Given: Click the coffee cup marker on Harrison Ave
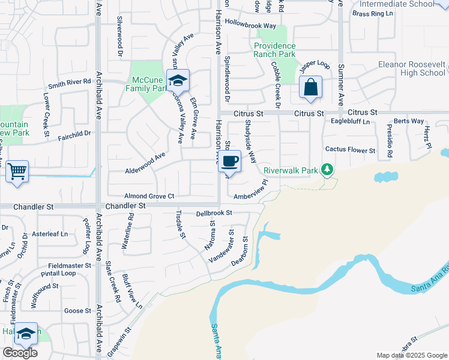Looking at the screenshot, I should tap(231, 161).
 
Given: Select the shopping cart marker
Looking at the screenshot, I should tap(17, 172).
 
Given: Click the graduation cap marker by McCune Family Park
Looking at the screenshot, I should tap(178, 80).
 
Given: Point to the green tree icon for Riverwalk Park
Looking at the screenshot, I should tap(327, 170).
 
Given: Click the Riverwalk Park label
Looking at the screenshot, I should tap(292, 170).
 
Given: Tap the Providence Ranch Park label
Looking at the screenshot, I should tap(275, 50).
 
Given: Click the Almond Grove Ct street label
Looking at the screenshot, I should tap(149, 196).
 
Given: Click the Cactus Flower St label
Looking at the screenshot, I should tap(350, 150).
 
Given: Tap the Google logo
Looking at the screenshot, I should tap(20, 353).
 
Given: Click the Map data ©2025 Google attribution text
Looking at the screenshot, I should tap(411, 355).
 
